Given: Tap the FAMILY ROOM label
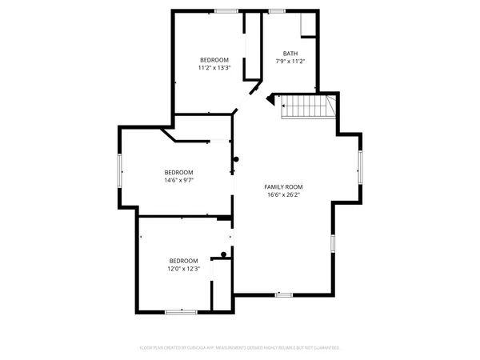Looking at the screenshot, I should pyautogui.click(x=283, y=186).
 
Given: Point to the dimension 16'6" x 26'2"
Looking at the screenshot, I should pyautogui.click(x=283, y=194).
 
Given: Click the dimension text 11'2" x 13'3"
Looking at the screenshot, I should pyautogui.click(x=214, y=68).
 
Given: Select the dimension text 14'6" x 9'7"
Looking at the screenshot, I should pyautogui.click(x=179, y=180).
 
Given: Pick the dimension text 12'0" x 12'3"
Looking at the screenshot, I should pyautogui.click(x=183, y=269).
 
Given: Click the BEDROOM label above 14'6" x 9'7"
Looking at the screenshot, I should pyautogui.click(x=179, y=173).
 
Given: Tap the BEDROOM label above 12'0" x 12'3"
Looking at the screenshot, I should pyautogui.click(x=183, y=261).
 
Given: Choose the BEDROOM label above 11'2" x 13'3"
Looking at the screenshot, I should pyautogui.click(x=214, y=60).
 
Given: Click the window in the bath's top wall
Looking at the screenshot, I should pyautogui.click(x=277, y=11).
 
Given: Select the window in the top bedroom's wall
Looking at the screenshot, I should pyautogui.click(x=225, y=10).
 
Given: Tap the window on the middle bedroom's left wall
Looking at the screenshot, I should pyautogui.click(x=120, y=169).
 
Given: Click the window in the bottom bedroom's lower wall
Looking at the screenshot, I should pyautogui.click(x=181, y=310).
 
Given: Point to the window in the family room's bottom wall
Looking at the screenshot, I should pyautogui.click(x=283, y=295).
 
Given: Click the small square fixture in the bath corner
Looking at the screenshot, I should pyautogui.click(x=309, y=25).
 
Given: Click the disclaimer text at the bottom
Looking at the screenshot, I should pyautogui.click(x=240, y=348).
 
